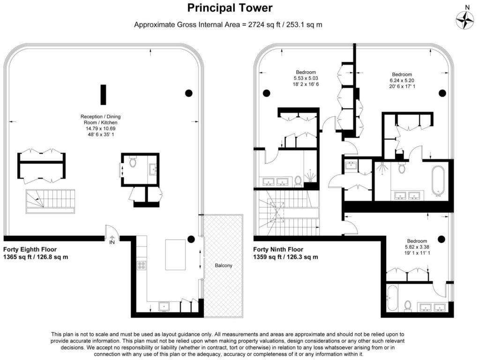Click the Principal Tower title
(230, 8)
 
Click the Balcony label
(224, 265)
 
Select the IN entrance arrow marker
(112, 240)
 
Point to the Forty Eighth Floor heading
(30, 249)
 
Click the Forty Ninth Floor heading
(278, 249)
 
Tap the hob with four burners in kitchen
(142, 265)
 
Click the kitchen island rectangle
(176, 255)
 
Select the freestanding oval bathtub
(438, 180)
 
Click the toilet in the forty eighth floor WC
(133, 162)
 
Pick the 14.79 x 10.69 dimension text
(101, 128)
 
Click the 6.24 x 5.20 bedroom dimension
(402, 81)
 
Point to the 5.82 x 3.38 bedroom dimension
(417, 247)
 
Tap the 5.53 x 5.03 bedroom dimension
(306, 78)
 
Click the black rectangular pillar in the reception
(104, 95)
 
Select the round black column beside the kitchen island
(191, 239)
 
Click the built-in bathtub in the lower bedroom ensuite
(392, 298)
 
